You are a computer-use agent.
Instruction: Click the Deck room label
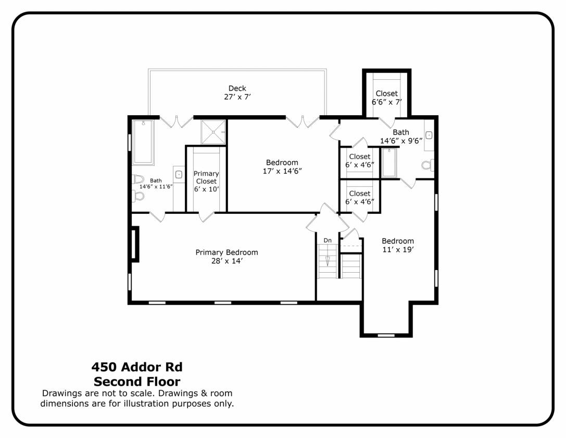pos(237,88)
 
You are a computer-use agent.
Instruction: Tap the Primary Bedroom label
pos(227,252)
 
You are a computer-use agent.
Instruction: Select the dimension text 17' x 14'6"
pos(282,171)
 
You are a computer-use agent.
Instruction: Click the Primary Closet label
pos(206,177)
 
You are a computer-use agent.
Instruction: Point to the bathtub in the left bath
pos(143,142)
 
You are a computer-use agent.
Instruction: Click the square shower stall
pos(213,132)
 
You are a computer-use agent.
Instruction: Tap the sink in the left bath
pos(179,175)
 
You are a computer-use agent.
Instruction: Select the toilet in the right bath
pos(427,165)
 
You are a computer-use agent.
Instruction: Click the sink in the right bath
pos(429,135)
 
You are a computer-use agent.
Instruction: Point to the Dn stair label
pos(328,240)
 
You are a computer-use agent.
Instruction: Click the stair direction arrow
pos(328,261)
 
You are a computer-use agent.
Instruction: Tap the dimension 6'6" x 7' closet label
pos(386,102)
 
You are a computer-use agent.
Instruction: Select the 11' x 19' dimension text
pos(398,249)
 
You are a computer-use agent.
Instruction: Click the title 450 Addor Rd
pos(137,367)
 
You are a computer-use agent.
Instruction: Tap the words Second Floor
pos(137,381)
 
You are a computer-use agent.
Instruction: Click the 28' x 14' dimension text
pos(227,261)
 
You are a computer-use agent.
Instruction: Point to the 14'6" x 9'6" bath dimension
pos(401,141)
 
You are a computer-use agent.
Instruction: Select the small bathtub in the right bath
pos(389,163)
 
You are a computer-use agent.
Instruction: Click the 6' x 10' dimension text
pos(206,189)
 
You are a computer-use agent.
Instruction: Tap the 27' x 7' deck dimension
pos(237,97)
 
